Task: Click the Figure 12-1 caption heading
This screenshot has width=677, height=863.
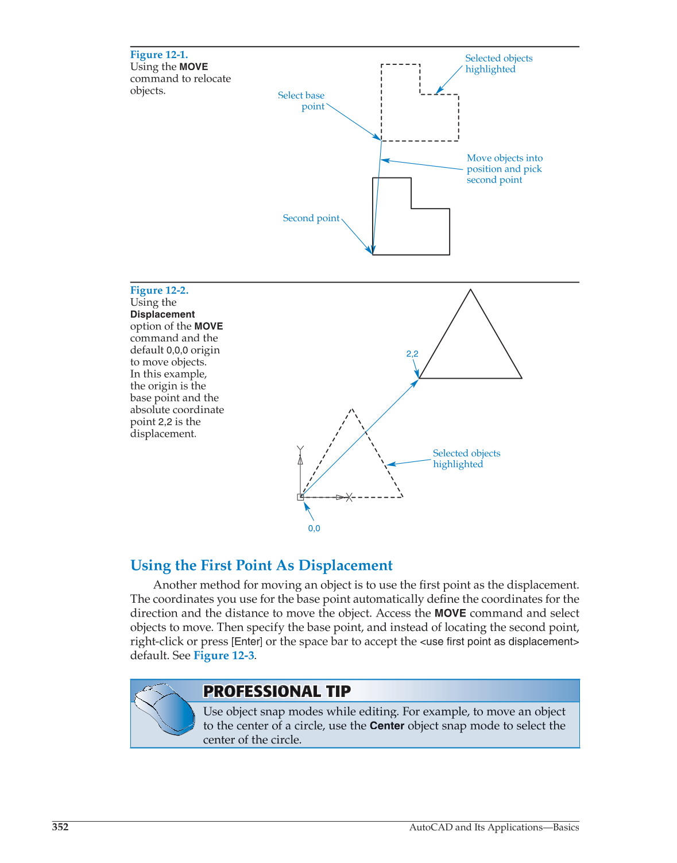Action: pos(158,55)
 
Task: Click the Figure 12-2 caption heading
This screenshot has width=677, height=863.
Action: pos(159,290)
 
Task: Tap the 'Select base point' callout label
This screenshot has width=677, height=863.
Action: pos(302,101)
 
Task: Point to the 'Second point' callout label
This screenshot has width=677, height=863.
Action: pos(311,218)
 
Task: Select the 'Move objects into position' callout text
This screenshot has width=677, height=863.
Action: pos(504,169)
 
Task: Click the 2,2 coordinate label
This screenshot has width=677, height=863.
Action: pos(412,354)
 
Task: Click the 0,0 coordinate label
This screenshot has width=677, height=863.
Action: pos(314,529)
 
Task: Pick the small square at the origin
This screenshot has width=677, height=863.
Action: pos(300,497)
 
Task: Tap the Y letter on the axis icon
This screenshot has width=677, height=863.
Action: pos(300,449)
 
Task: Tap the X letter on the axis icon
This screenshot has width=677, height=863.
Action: pos(349,498)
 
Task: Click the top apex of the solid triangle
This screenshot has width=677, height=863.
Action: pos(470,290)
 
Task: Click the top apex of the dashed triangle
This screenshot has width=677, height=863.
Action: pos(351,410)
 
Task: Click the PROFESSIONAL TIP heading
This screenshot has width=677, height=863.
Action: pos(277,691)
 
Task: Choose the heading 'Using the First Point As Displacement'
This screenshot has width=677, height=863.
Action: pos(261,565)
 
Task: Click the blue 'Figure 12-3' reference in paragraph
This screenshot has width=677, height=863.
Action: pos(224,656)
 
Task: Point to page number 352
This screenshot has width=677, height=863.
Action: pos(60,827)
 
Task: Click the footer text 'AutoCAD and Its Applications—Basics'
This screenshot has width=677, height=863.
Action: pos(494,827)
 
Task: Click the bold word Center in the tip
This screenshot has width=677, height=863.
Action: pos(387,726)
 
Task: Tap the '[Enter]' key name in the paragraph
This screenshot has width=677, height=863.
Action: pos(247,642)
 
